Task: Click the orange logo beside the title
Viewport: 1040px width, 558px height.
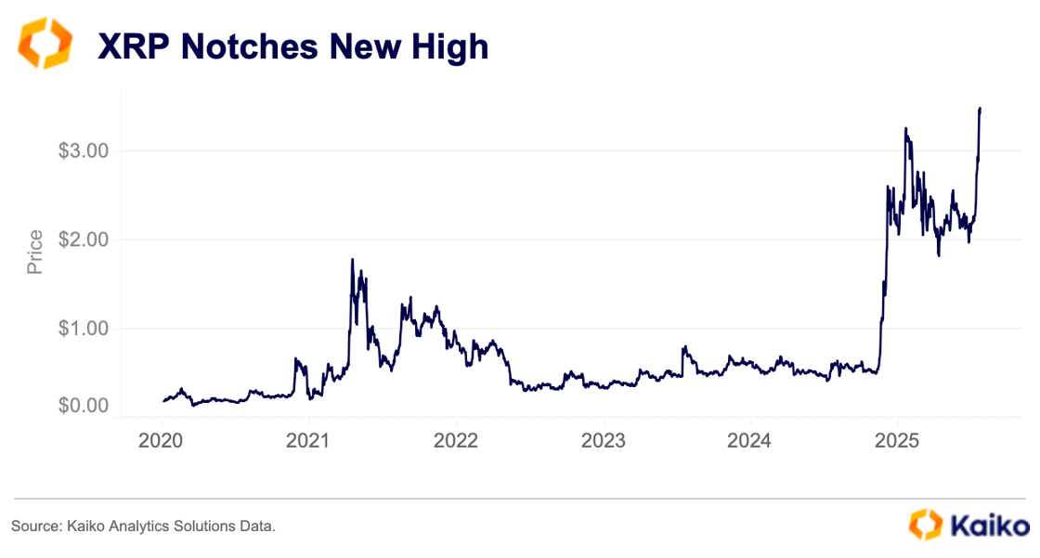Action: [44, 45]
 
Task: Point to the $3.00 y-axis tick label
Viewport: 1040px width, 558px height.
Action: [84, 150]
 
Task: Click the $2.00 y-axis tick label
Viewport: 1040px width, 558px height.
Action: [84, 240]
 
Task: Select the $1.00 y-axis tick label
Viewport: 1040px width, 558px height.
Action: [84, 329]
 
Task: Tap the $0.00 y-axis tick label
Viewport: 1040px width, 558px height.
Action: [84, 406]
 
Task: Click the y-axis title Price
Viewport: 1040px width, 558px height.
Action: [35, 253]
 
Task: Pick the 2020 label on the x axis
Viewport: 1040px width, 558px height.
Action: [162, 439]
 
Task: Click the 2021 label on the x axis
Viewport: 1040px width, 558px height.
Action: [309, 439]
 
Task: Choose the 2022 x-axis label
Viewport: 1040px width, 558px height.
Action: [456, 439]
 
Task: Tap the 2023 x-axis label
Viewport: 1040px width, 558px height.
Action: [604, 439]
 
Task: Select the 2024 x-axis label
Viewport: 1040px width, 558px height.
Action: [750, 439]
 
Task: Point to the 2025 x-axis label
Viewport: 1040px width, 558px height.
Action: [898, 439]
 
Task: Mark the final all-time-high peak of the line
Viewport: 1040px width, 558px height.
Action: [980, 109]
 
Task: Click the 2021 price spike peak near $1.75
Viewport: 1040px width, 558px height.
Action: [352, 260]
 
